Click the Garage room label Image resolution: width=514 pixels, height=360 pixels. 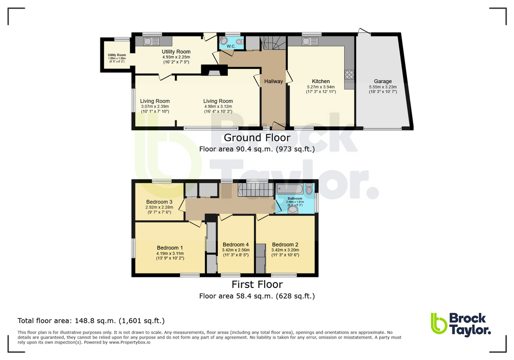(x=383, y=81)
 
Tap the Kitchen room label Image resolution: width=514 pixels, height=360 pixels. (x=321, y=81)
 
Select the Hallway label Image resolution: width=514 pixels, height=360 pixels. (x=273, y=81)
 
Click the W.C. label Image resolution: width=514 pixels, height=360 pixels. (x=231, y=46)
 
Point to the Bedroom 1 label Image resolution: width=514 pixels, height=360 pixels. (x=170, y=248)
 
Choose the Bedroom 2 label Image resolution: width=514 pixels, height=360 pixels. (x=285, y=245)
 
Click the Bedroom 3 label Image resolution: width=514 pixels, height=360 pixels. (x=159, y=202)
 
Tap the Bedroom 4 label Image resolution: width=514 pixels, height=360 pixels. (x=236, y=245)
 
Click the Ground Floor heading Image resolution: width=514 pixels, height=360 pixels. (x=249, y=137)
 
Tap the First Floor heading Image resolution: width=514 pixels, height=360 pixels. (x=257, y=284)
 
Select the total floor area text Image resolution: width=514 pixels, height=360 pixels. (x=91, y=321)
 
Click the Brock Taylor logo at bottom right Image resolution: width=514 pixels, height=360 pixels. (x=460, y=324)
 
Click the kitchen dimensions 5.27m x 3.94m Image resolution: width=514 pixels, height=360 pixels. (x=321, y=87)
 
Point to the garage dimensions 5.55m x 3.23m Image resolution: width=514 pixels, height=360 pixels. (x=383, y=87)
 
